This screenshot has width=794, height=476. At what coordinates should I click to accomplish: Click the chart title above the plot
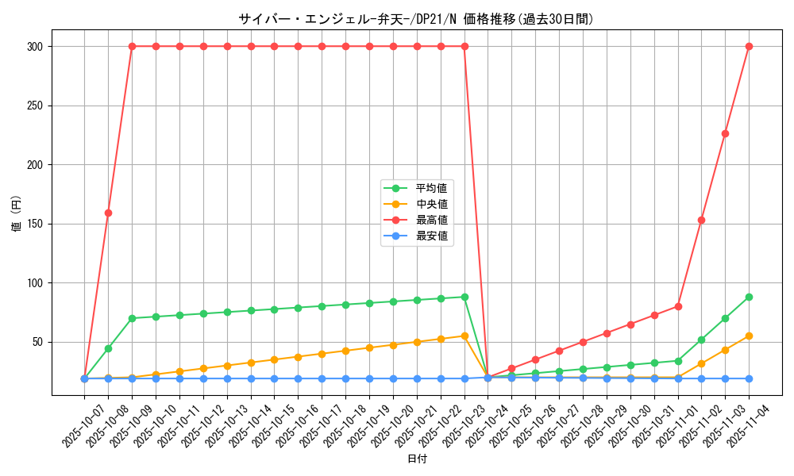415,19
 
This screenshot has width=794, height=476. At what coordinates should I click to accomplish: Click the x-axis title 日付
417,459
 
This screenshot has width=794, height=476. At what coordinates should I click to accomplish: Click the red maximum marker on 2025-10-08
108,213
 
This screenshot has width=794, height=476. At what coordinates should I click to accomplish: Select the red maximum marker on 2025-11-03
725,133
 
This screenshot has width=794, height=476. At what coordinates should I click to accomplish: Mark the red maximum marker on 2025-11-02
701,220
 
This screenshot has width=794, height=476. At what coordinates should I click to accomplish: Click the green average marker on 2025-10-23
464,297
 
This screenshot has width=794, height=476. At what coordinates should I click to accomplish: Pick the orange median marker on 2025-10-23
464,336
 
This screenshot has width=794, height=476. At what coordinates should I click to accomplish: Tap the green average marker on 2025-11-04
749,297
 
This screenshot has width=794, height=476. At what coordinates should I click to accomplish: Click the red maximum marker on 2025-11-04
749,47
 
